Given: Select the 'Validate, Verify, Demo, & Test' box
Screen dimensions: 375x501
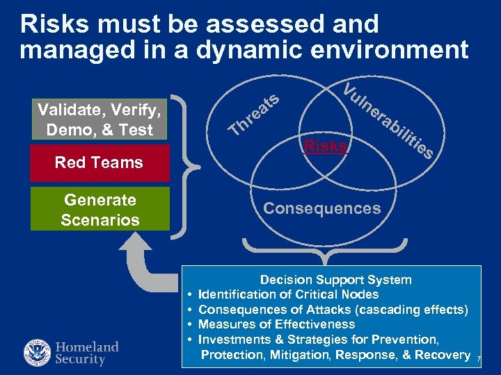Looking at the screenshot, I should (x=100, y=119).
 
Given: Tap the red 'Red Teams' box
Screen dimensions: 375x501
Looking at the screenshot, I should (x=100, y=162).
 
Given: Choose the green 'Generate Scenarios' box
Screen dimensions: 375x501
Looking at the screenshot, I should (x=100, y=210).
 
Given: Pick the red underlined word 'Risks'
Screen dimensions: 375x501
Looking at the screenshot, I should (x=326, y=146).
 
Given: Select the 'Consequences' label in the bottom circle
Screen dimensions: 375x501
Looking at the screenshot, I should (x=322, y=208).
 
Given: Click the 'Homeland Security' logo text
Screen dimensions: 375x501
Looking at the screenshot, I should (x=87, y=353).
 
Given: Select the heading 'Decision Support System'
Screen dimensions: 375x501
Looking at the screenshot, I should (x=335, y=280).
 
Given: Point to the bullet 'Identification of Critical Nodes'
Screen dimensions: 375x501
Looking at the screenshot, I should (x=288, y=294).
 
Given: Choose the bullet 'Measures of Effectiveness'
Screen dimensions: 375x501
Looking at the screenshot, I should (x=276, y=324).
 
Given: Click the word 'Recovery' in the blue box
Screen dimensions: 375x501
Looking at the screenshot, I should (x=443, y=355).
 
